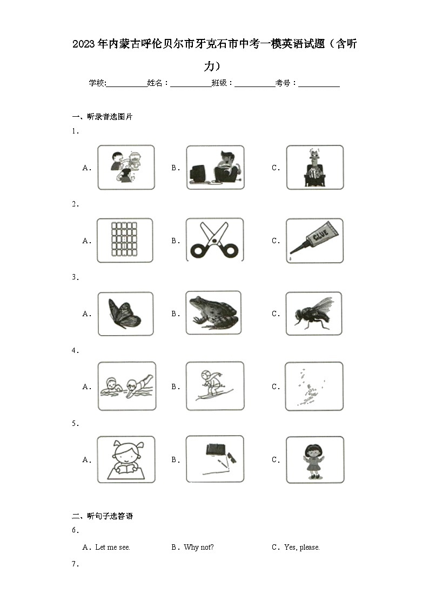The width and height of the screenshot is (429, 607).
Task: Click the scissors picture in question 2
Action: pos(215,240)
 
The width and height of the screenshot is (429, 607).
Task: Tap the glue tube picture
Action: pos(314,241)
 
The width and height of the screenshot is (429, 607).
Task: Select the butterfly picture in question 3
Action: pos(125,313)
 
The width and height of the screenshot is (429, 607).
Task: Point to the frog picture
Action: pos(214,313)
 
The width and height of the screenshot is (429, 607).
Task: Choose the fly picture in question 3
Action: pos(314,313)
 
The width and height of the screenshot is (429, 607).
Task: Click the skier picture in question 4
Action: pos(214,386)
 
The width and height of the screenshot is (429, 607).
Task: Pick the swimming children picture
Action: pos(126,386)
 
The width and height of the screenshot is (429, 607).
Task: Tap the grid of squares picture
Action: pos(125,240)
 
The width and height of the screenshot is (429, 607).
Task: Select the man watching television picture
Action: pos(215,167)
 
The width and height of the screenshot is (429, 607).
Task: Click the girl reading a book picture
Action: pos(125,459)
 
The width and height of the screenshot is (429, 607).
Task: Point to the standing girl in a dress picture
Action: pos(314,459)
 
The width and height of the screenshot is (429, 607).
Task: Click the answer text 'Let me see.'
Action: pos(112,547)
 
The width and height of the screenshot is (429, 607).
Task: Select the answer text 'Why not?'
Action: pos(198,547)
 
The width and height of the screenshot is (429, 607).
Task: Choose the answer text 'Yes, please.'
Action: pos(301,547)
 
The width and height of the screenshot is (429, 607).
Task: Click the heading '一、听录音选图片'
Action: pos(102,116)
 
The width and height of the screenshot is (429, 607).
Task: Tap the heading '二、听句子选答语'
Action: pos(102,516)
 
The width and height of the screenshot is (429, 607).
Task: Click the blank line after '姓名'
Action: pos(191,84)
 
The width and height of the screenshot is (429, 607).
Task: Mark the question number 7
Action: pos(75,564)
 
